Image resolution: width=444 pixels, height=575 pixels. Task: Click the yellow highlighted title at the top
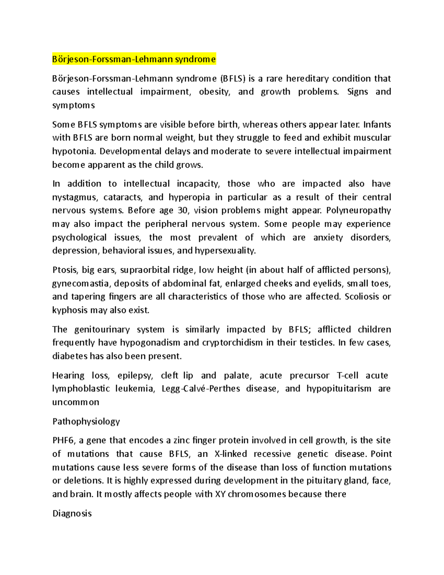pyautogui.click(x=134, y=59)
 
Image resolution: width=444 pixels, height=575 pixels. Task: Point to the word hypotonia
pyautogui.click(x=73, y=151)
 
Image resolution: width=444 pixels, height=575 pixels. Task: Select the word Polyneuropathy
pyautogui.click(x=359, y=211)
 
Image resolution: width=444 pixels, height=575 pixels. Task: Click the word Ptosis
pyautogui.click(x=65, y=270)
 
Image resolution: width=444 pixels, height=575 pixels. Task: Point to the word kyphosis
pyautogui.click(x=70, y=310)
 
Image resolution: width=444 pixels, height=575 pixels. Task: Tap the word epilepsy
pyautogui.click(x=135, y=375)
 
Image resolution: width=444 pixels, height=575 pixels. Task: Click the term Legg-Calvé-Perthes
pyautogui.click(x=201, y=389)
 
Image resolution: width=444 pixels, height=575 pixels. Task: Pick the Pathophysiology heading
pyautogui.click(x=86, y=421)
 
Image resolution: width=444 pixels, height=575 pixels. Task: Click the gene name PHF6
pyautogui.click(x=64, y=441)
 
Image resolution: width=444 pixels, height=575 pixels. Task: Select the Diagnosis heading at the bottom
pyautogui.click(x=72, y=514)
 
